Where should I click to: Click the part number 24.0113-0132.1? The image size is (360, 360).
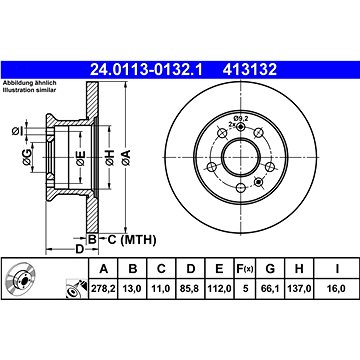click(146, 70)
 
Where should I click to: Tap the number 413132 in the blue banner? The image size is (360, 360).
click(250, 70)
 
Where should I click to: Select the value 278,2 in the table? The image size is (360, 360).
click(103, 289)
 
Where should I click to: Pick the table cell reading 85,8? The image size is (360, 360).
click(190, 289)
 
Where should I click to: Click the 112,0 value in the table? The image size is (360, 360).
click(219, 289)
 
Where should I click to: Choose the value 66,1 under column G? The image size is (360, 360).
click(270, 289)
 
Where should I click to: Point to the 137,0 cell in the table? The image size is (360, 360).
click(299, 289)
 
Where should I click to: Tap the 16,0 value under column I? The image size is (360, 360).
click(336, 289)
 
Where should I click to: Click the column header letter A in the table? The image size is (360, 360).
click(104, 269)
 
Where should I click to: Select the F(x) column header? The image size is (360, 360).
click(245, 269)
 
